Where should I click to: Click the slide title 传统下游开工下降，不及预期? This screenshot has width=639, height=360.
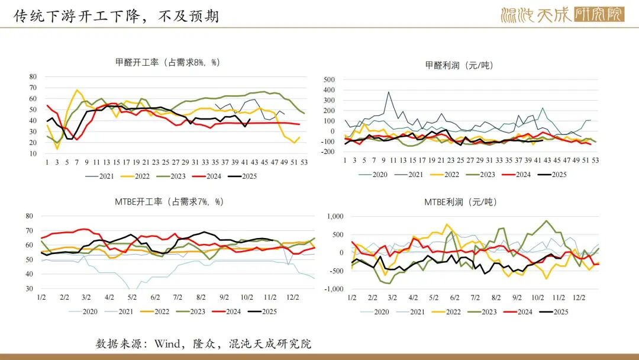[x=117, y=16]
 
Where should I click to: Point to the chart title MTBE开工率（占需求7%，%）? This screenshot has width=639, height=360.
[x=169, y=201]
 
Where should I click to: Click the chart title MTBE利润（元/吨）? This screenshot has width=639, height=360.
[x=460, y=202]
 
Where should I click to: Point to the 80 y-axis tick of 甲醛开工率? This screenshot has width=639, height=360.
[x=33, y=76]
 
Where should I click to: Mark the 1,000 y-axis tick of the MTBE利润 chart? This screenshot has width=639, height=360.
[x=335, y=217]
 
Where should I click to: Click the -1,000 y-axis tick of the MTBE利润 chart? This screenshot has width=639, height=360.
[x=334, y=289]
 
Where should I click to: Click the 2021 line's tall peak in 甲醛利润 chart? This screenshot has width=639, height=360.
[x=389, y=92]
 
